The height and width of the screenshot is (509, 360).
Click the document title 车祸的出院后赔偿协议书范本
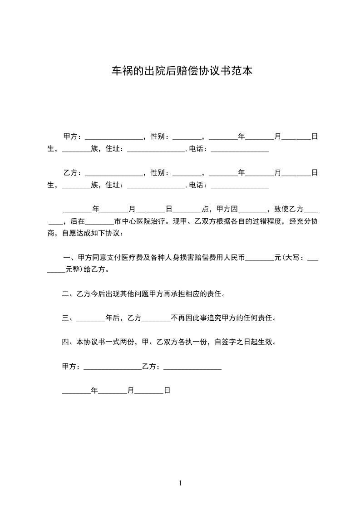click(182, 71)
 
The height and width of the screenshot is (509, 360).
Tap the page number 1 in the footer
click(180, 483)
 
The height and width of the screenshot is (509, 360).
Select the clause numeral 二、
click(69, 294)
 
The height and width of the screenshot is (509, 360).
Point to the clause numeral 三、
click(69, 318)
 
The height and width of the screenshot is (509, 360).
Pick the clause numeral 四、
click(69, 342)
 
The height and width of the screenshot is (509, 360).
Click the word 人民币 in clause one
click(234, 258)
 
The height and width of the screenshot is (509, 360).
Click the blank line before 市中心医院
click(99, 222)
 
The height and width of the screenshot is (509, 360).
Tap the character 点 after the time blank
click(205, 209)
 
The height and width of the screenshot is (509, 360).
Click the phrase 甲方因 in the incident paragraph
click(227, 209)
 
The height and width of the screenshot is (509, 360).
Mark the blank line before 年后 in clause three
click(90, 318)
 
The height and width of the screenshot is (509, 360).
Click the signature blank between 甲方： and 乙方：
click(113, 367)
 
